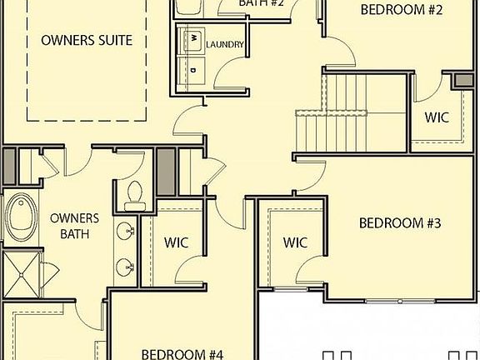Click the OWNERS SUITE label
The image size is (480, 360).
[x=87, y=40]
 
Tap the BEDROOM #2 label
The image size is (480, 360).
[x=401, y=11]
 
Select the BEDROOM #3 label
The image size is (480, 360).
[x=399, y=223]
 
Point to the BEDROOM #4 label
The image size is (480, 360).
[x=182, y=353]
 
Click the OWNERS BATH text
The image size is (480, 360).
[x=74, y=226]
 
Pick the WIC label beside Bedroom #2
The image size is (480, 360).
[x=436, y=117]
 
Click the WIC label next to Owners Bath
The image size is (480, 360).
[x=176, y=242]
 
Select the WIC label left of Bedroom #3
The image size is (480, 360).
[x=295, y=242]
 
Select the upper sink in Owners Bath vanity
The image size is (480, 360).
[x=127, y=232]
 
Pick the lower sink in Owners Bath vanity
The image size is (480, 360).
[x=126, y=267]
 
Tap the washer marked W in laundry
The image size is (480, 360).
[x=192, y=38]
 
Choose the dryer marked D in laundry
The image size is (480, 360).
[x=192, y=69]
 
